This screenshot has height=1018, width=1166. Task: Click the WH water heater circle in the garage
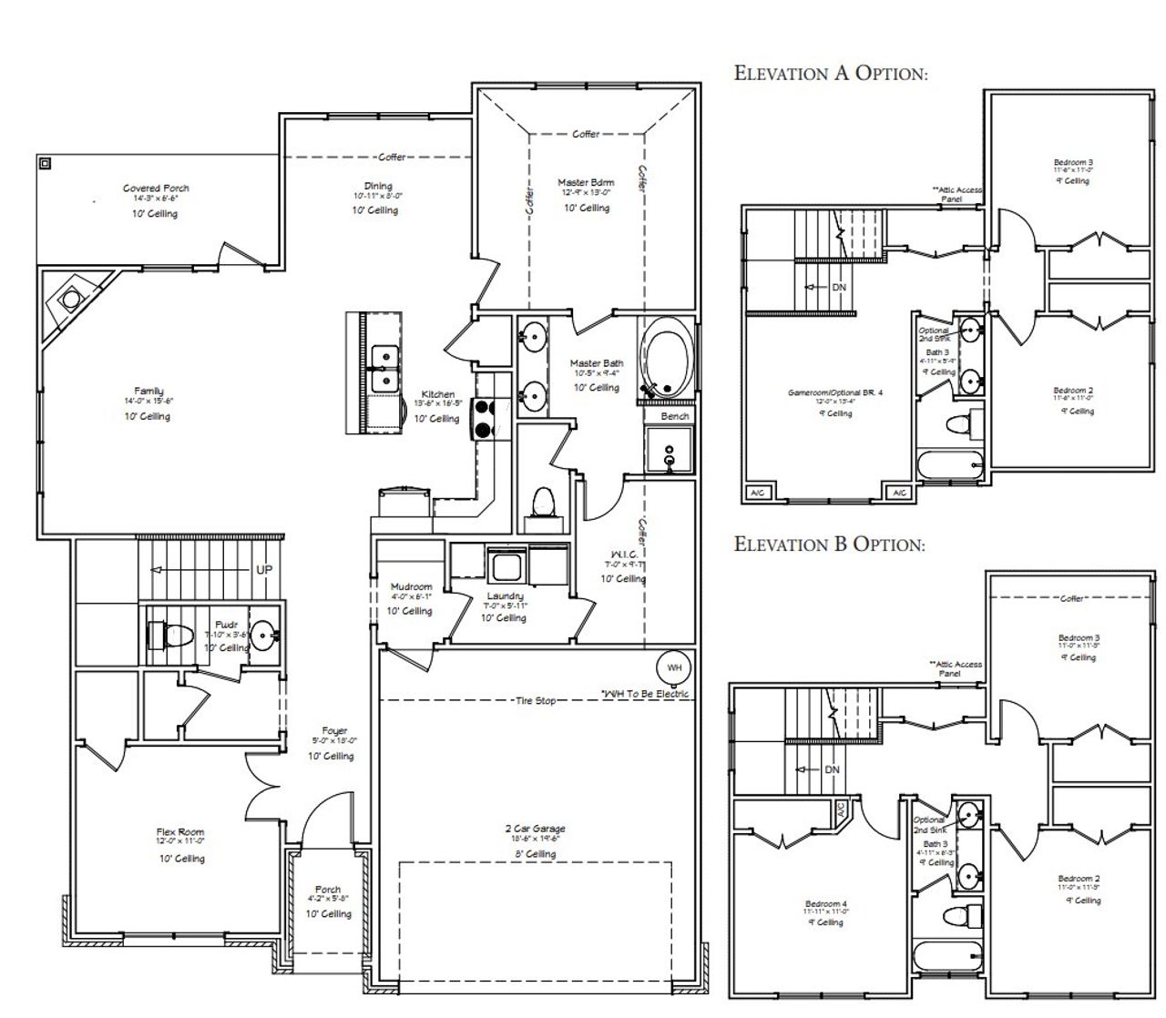coord(673,667)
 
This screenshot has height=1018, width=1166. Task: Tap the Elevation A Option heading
coord(831,73)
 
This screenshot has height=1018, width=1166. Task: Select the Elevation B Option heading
coord(829,544)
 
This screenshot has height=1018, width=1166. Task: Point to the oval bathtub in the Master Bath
coord(668,356)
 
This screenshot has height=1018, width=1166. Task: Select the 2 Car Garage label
coord(535,829)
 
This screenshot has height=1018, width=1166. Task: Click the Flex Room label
coord(180,832)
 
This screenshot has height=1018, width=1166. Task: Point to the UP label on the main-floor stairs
coord(263,569)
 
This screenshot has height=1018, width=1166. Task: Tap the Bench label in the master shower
coord(674,416)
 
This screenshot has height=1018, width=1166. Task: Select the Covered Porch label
coord(156,188)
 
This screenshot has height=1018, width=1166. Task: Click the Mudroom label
coord(411,587)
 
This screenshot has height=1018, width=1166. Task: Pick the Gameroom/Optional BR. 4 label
coord(835,392)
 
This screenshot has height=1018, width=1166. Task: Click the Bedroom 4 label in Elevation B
coord(825,904)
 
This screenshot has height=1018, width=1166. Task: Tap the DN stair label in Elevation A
coord(839,287)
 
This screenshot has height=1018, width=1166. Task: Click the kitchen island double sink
coord(384,365)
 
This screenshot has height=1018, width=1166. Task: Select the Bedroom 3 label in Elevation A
coord(1072,162)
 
